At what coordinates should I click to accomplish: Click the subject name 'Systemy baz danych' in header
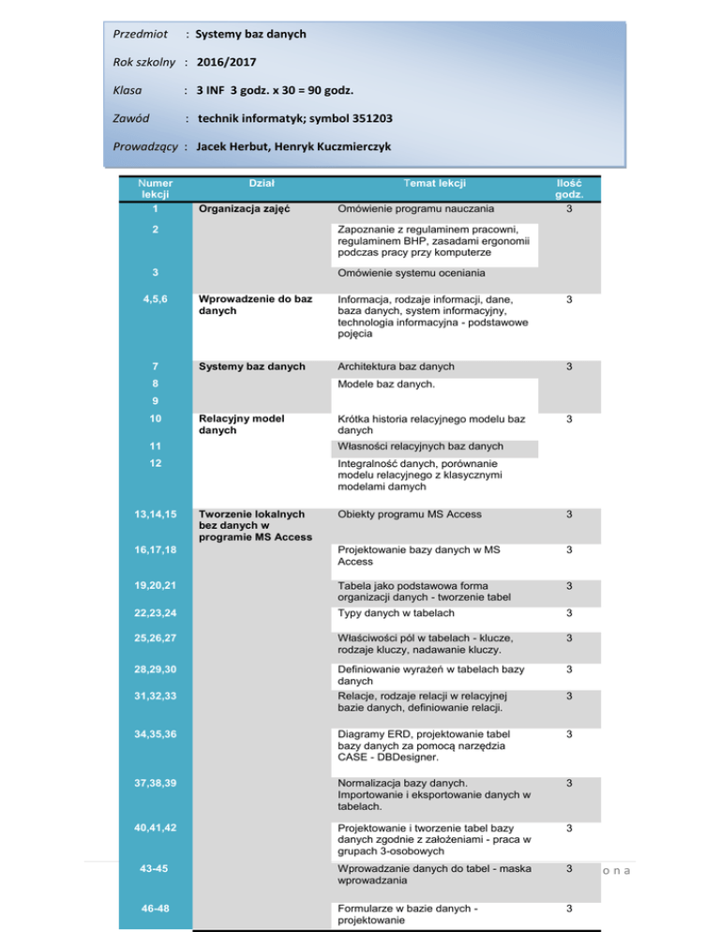tap(250, 34)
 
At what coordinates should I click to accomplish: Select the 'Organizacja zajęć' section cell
tap(241, 209)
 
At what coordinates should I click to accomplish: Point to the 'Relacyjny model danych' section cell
tap(237, 424)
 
